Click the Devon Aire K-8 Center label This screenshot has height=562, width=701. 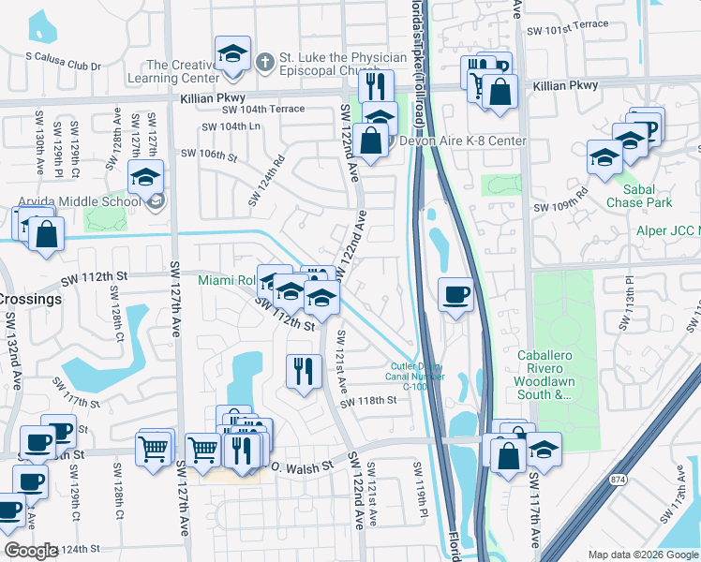pyautogui.click(x=463, y=141)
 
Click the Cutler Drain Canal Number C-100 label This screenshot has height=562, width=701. pyautogui.click(x=414, y=376)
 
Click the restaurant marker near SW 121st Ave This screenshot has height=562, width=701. pyautogui.click(x=303, y=371)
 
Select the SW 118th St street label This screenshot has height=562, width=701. pyautogui.click(x=368, y=400)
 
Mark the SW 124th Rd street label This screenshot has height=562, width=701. pyautogui.click(x=265, y=182)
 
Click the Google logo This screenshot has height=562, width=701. pyautogui.click(x=30, y=551)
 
